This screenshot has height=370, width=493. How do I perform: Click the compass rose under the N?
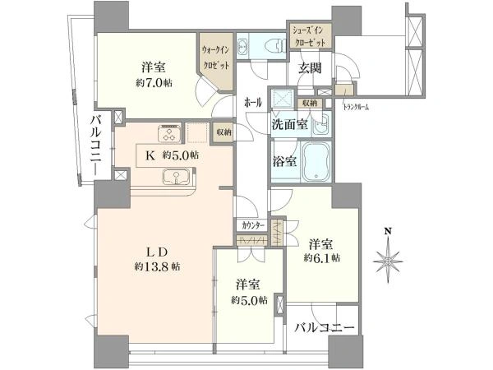click(389, 260)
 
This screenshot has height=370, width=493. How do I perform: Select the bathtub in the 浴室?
click(316, 161)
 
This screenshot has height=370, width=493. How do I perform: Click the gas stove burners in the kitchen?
click(170, 133)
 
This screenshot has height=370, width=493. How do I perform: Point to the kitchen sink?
click(176, 177)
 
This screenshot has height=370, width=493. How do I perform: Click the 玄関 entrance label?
click(310, 67)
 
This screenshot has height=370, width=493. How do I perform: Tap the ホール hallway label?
click(253, 103)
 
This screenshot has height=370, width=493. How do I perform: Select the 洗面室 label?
click(289, 125)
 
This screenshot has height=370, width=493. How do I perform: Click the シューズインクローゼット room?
click(311, 36)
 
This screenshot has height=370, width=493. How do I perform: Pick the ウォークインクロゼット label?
click(215, 58)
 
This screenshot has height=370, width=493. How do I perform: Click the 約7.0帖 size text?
click(154, 83)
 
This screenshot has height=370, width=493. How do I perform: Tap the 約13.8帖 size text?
click(157, 266)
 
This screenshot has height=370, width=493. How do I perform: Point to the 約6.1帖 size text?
click(321, 258)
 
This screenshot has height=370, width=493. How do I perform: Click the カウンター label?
click(253, 225)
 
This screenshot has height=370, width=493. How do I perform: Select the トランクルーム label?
click(355, 108)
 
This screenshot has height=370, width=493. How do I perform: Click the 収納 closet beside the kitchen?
click(223, 132)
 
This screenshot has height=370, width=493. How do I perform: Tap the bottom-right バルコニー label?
click(324, 328)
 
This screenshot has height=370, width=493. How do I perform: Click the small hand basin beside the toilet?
click(242, 46)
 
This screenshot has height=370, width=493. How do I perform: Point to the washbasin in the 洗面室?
click(321, 125)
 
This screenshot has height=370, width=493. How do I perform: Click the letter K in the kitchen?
click(150, 155)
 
